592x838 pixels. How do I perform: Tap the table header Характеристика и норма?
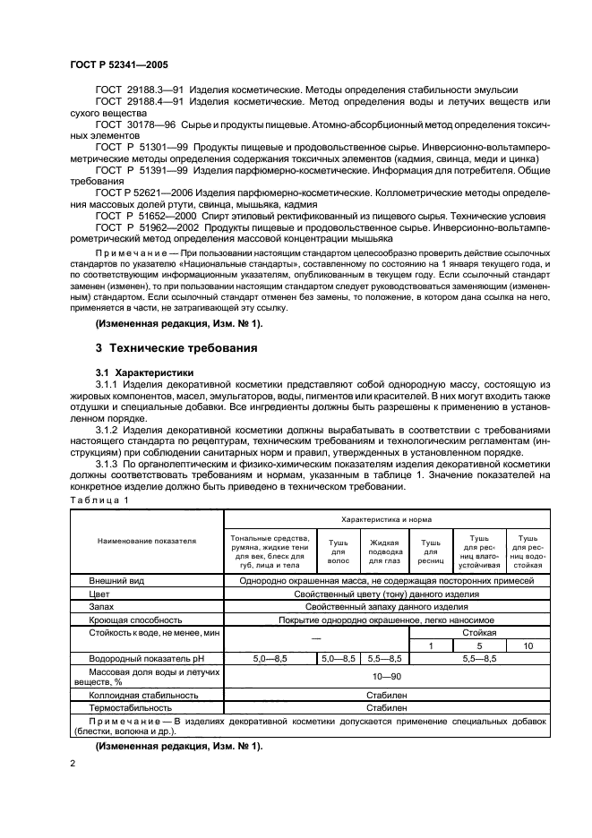point(388,518)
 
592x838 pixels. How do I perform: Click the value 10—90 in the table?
point(388,676)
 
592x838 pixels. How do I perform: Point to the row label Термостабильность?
point(130,706)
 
